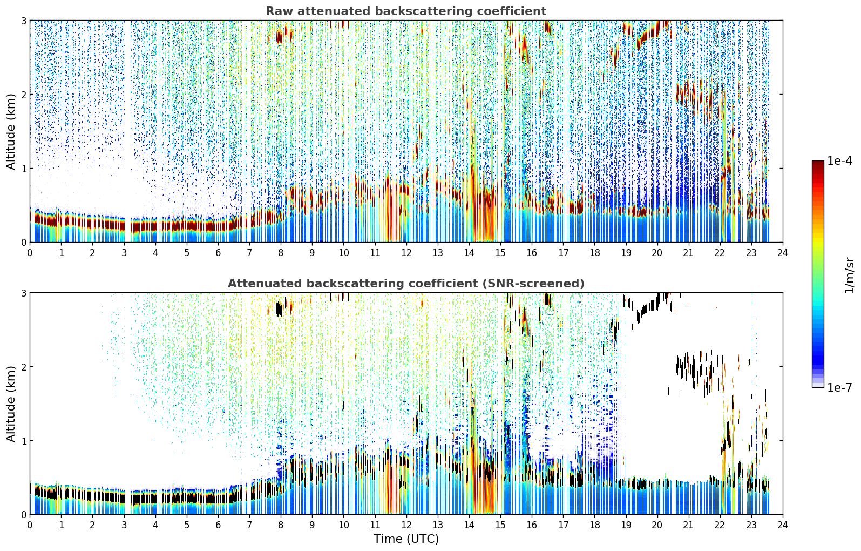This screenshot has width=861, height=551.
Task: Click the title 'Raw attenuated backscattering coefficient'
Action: tap(406, 11)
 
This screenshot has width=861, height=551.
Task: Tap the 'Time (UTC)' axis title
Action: tap(406, 539)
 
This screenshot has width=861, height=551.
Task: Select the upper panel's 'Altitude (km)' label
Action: tap(11, 132)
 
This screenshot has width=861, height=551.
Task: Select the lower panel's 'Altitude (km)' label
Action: tap(11, 404)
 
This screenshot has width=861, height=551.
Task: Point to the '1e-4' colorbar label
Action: tap(840, 161)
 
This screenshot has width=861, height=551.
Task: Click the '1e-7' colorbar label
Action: tap(840, 387)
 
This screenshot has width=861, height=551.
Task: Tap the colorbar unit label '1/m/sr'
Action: tap(849, 275)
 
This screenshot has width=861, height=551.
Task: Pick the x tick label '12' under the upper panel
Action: tap(406, 253)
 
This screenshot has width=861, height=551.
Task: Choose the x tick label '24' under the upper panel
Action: tap(783, 253)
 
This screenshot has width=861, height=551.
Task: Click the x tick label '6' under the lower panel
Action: tap(218, 525)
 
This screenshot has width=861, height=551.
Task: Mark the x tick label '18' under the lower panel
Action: tap(595, 525)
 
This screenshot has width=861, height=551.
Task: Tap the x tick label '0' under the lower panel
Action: tap(30, 525)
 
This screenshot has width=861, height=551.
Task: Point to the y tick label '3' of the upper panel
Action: tap(23, 21)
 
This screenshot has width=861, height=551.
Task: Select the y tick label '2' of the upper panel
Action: tap(23, 95)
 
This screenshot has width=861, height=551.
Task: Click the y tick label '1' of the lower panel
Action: tap(23, 441)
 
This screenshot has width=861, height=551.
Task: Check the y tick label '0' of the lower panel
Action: tap(23, 514)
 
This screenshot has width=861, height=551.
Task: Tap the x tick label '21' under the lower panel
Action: tap(688, 525)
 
